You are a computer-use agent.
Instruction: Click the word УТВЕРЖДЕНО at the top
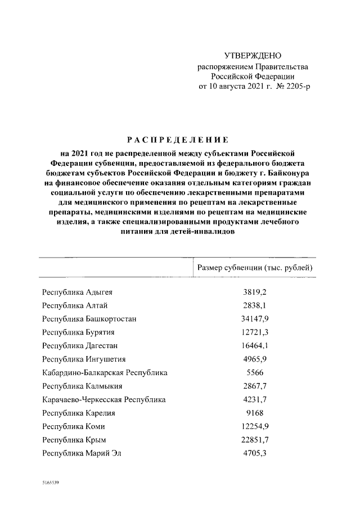click(253, 56)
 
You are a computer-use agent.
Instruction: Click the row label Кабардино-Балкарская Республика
click(105, 372)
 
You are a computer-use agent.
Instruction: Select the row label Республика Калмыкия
click(83, 386)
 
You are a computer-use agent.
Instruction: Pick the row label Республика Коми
click(76, 426)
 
